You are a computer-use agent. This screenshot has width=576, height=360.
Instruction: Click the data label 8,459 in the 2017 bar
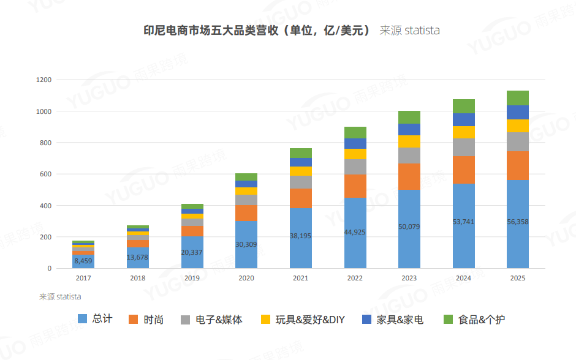coord(83,261)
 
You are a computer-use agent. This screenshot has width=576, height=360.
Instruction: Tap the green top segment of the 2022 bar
coord(355,132)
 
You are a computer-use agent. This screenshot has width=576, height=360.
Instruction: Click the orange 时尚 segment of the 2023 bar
coord(409,176)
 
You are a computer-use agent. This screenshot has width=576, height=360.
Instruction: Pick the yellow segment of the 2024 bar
coord(464,132)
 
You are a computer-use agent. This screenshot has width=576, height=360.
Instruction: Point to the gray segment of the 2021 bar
coord(301,182)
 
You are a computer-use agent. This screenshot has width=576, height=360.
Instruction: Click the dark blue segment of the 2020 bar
coord(246,184)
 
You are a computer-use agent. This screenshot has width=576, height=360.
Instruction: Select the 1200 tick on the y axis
coord(44,80)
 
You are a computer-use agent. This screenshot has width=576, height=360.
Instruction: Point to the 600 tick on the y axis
coord(46,174)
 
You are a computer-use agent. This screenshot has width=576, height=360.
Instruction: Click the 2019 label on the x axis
coord(192,278)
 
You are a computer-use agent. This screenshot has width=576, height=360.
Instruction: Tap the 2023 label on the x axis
coord(409,278)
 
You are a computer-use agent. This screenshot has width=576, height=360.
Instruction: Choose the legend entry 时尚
coord(146,320)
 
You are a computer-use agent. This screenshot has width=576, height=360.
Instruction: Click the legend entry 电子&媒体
coord(211,320)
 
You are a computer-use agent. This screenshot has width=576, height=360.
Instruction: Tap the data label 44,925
coord(355,232)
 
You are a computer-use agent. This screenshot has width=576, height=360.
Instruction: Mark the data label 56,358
coord(518,222)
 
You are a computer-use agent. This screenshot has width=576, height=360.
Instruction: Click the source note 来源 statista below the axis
coord(60,297)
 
